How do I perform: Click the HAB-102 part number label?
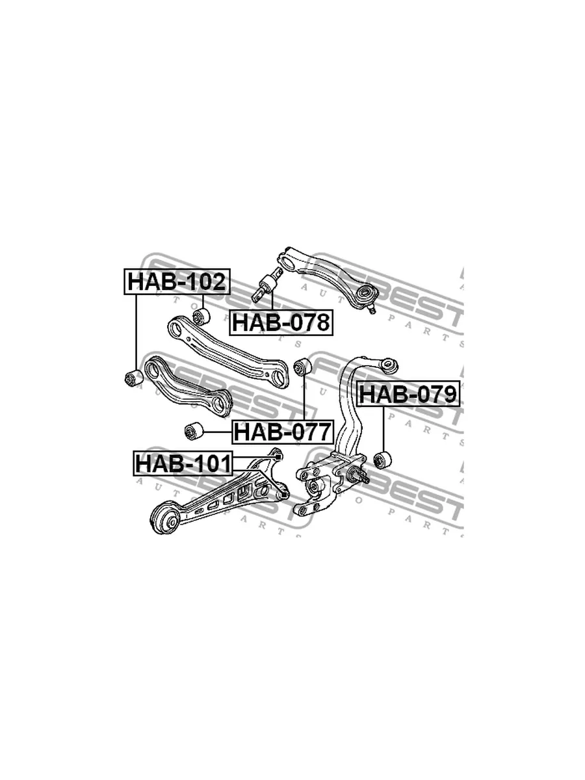(x=177, y=282)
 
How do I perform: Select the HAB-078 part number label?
(x=281, y=322)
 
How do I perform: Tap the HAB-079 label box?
(x=408, y=394)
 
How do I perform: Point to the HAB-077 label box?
(x=283, y=432)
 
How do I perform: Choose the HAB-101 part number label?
(x=183, y=463)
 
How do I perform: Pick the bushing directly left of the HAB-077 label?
(x=194, y=432)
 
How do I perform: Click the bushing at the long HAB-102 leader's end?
(x=134, y=378)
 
